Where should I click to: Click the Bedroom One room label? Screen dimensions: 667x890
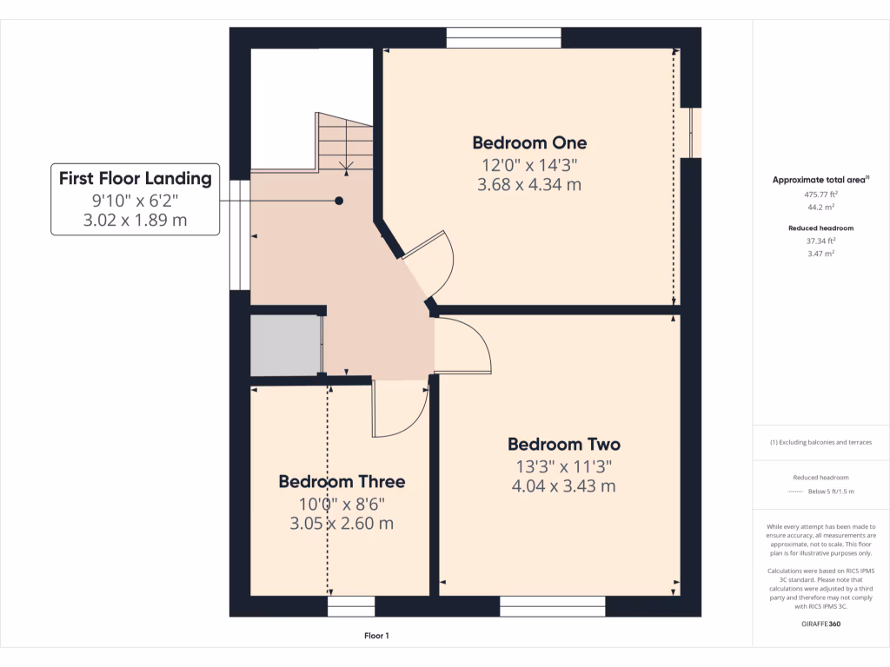529,142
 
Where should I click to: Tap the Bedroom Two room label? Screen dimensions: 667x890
564,445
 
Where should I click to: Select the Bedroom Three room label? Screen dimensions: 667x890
342,481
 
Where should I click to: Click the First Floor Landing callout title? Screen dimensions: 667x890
135,179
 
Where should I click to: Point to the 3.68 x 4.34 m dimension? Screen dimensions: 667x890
529,184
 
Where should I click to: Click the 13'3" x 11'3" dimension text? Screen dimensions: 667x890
564,466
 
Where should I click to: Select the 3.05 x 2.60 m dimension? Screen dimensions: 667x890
342,523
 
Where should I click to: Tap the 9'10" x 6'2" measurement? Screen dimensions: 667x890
135,201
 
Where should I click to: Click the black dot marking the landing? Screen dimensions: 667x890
339,201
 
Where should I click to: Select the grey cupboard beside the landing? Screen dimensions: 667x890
285,346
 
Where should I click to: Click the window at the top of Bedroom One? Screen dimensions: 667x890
503,37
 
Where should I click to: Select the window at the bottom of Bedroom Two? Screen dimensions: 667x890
553,606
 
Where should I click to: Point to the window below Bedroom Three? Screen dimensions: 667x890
351,606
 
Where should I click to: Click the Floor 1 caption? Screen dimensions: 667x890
376,636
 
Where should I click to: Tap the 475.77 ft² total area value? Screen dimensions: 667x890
820,195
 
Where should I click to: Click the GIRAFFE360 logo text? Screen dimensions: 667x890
820,624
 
